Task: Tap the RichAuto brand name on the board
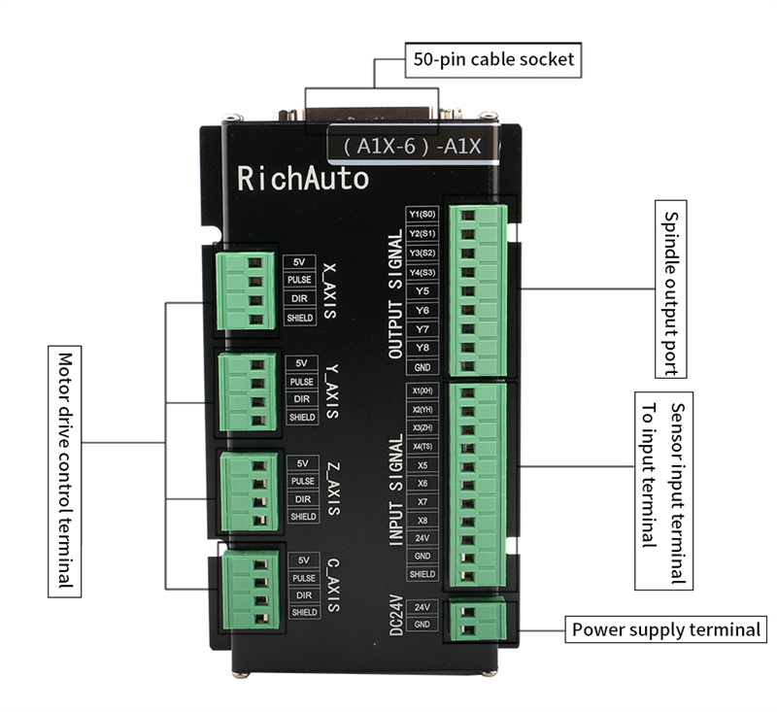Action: pyautogui.click(x=303, y=179)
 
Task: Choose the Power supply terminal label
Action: pyautogui.click(x=666, y=629)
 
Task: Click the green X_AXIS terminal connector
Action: pyautogui.click(x=243, y=289)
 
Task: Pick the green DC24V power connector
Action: pyautogui.click(x=476, y=618)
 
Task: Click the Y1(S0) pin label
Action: pyautogui.click(x=422, y=215)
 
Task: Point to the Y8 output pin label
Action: pyautogui.click(x=422, y=348)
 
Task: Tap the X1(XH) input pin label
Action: pyautogui.click(x=422, y=390)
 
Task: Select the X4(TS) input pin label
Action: pyautogui.click(x=422, y=446)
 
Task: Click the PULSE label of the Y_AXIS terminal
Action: pyautogui.click(x=302, y=382)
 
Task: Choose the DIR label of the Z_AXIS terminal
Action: pyautogui.click(x=302, y=499)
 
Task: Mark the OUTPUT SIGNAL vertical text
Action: pyautogui.click(x=395, y=295)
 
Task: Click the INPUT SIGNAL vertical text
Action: pyautogui.click(x=395, y=491)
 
